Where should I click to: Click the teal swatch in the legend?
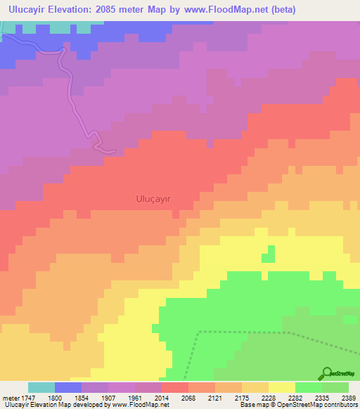point(41,387)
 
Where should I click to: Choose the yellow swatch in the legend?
point(282,387)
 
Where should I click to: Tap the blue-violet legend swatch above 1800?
point(68,387)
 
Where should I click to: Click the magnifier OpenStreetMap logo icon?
point(326,373)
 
